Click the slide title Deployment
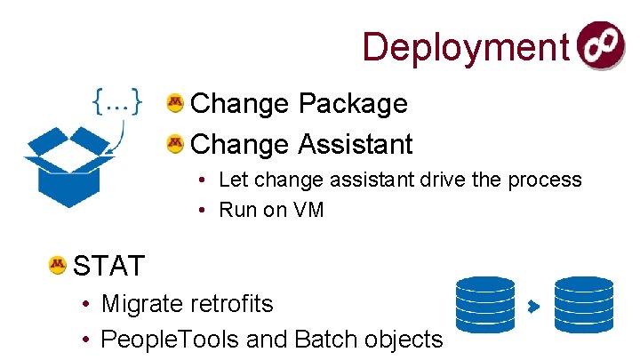pos(465,47)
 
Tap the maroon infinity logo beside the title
pos(601,46)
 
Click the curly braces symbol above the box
pos(116,102)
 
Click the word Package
pos(353,104)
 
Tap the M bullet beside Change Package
pos(175,104)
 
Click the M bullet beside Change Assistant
pos(175,142)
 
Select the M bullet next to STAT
pos(58,264)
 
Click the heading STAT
pos(108,265)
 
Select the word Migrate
pos(142,304)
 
